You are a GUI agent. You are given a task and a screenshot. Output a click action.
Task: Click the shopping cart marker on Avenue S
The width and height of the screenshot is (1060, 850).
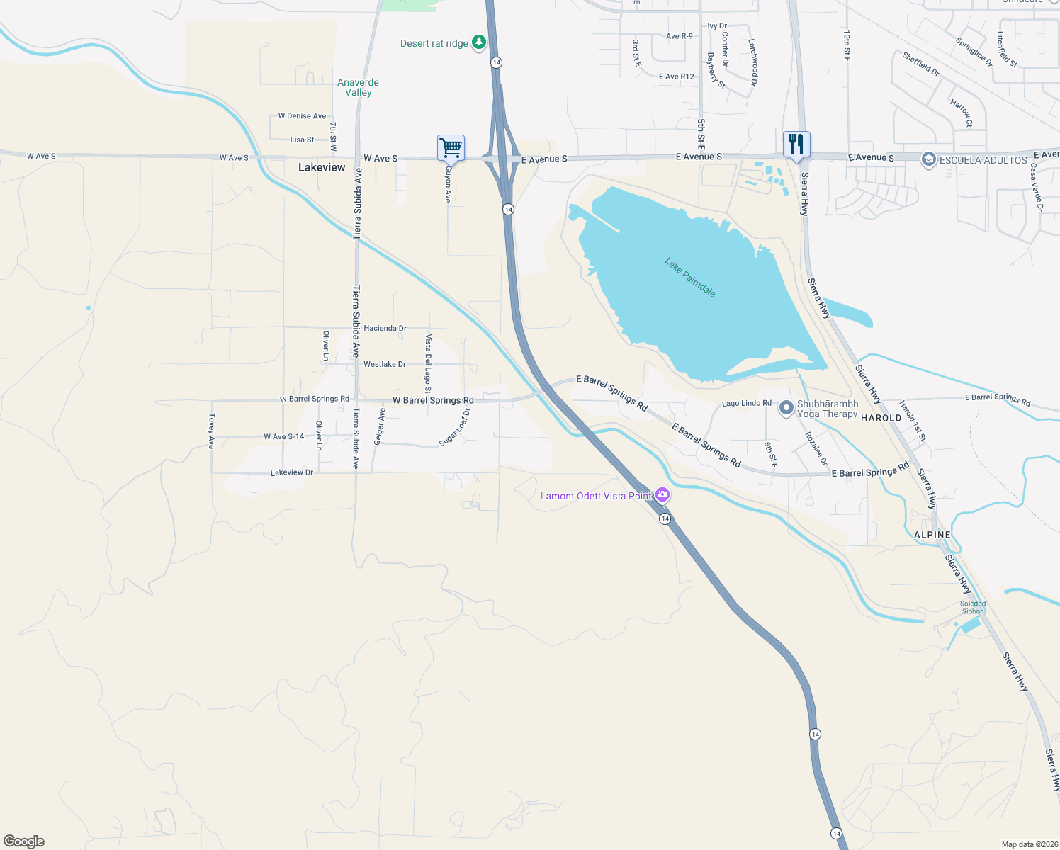pos(451,148)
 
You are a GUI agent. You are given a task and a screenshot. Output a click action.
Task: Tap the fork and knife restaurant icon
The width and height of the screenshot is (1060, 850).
pos(796,144)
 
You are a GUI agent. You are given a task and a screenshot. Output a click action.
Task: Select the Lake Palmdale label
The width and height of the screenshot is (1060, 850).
pos(689,277)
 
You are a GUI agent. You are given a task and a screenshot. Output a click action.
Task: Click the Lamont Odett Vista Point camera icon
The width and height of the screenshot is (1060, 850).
pos(662,495)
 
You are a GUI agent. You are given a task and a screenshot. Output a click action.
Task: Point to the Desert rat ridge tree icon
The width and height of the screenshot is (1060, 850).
pos(479,42)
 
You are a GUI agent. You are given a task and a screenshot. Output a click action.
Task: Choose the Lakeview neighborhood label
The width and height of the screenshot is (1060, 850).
pos(322,167)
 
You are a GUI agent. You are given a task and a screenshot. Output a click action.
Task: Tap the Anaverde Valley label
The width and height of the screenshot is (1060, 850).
pos(358,87)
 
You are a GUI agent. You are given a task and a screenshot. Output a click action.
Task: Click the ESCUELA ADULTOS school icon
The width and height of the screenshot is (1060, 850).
pos(928,159)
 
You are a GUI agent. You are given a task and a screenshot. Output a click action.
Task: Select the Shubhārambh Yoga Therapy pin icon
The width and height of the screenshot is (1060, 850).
pos(786,408)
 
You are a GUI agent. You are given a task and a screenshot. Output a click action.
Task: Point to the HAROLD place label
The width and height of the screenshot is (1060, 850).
pos(881,418)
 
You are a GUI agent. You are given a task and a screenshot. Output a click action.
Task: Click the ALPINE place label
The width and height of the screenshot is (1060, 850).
pos(932,535)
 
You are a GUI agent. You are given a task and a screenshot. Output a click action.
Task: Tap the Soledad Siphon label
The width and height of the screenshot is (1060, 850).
pos(973,608)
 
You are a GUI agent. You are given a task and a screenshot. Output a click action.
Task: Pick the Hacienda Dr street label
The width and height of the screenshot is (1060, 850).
pos(385,328)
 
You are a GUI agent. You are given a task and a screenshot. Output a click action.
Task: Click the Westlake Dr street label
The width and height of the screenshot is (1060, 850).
pos(385,364)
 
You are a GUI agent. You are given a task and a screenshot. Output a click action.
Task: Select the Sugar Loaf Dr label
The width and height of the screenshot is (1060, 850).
pos(454,427)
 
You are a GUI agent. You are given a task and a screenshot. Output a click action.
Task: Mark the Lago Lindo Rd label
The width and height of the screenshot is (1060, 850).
pos(746,403)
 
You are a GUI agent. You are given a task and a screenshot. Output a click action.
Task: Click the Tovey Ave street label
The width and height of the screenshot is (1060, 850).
pos(211,431)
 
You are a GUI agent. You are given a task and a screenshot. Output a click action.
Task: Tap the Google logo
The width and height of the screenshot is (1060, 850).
pos(24,841)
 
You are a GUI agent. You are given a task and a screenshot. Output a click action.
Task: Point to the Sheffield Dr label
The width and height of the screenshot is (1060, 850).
pos(920,64)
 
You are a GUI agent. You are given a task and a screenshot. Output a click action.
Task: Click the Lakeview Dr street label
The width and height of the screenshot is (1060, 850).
pos(291,472)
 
